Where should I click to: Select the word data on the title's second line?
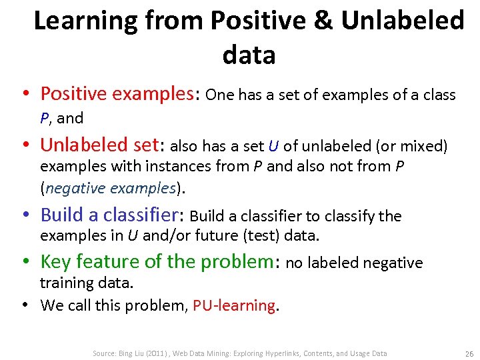(x=249, y=55)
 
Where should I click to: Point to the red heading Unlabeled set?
(x=103, y=145)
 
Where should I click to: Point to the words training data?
(x=87, y=283)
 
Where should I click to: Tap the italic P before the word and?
(x=45, y=119)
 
